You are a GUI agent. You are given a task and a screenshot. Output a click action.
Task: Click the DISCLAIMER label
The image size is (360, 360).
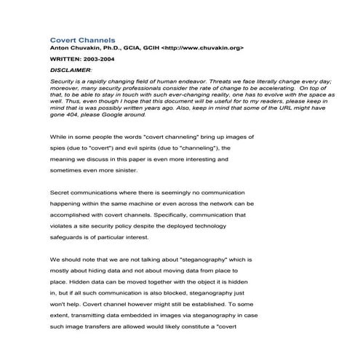pyautogui.click(x=71, y=69)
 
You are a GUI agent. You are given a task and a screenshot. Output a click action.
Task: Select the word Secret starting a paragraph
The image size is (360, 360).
pyautogui.click(x=61, y=195)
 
